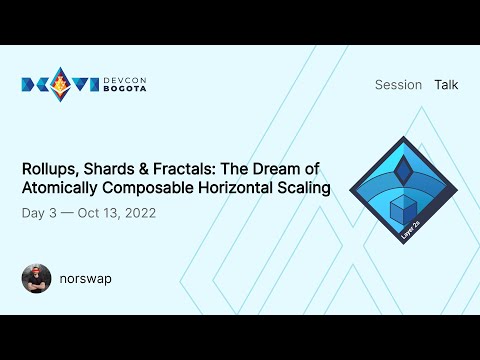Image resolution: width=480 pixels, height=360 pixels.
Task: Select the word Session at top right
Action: (398, 85)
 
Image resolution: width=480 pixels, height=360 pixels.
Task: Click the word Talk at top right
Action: (446, 85)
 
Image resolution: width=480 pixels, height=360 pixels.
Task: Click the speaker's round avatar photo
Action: (36, 278)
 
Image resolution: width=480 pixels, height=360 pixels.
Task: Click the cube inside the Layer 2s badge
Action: (402, 210)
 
